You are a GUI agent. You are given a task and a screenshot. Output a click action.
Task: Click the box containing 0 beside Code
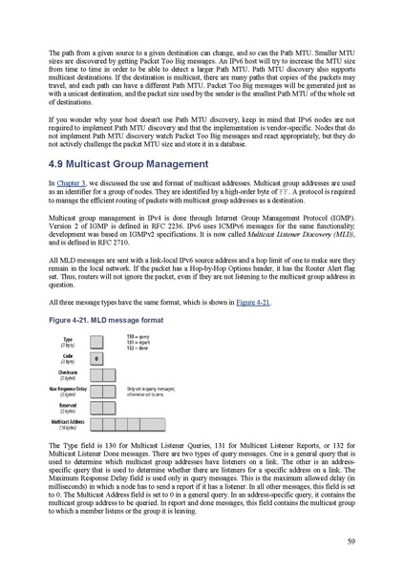96,358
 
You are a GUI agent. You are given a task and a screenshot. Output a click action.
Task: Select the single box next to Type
96,341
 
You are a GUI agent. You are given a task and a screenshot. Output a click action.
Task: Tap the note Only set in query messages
153,389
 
